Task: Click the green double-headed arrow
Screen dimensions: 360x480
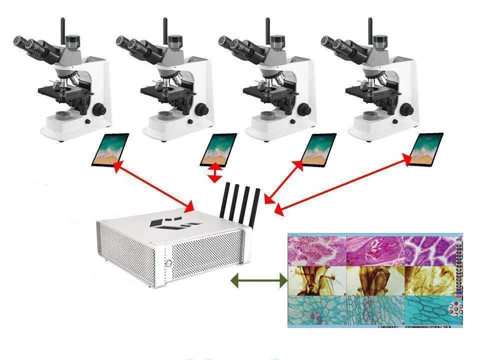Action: tap(258, 281)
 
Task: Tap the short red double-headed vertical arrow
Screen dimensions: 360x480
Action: tap(215, 172)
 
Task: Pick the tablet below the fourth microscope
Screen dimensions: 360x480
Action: tap(426, 149)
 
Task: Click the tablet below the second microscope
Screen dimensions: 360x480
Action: tap(218, 149)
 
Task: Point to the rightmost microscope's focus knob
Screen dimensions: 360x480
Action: tap(408, 108)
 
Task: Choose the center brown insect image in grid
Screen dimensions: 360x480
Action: tap(375, 280)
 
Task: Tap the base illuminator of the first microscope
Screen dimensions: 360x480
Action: tap(62, 116)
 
